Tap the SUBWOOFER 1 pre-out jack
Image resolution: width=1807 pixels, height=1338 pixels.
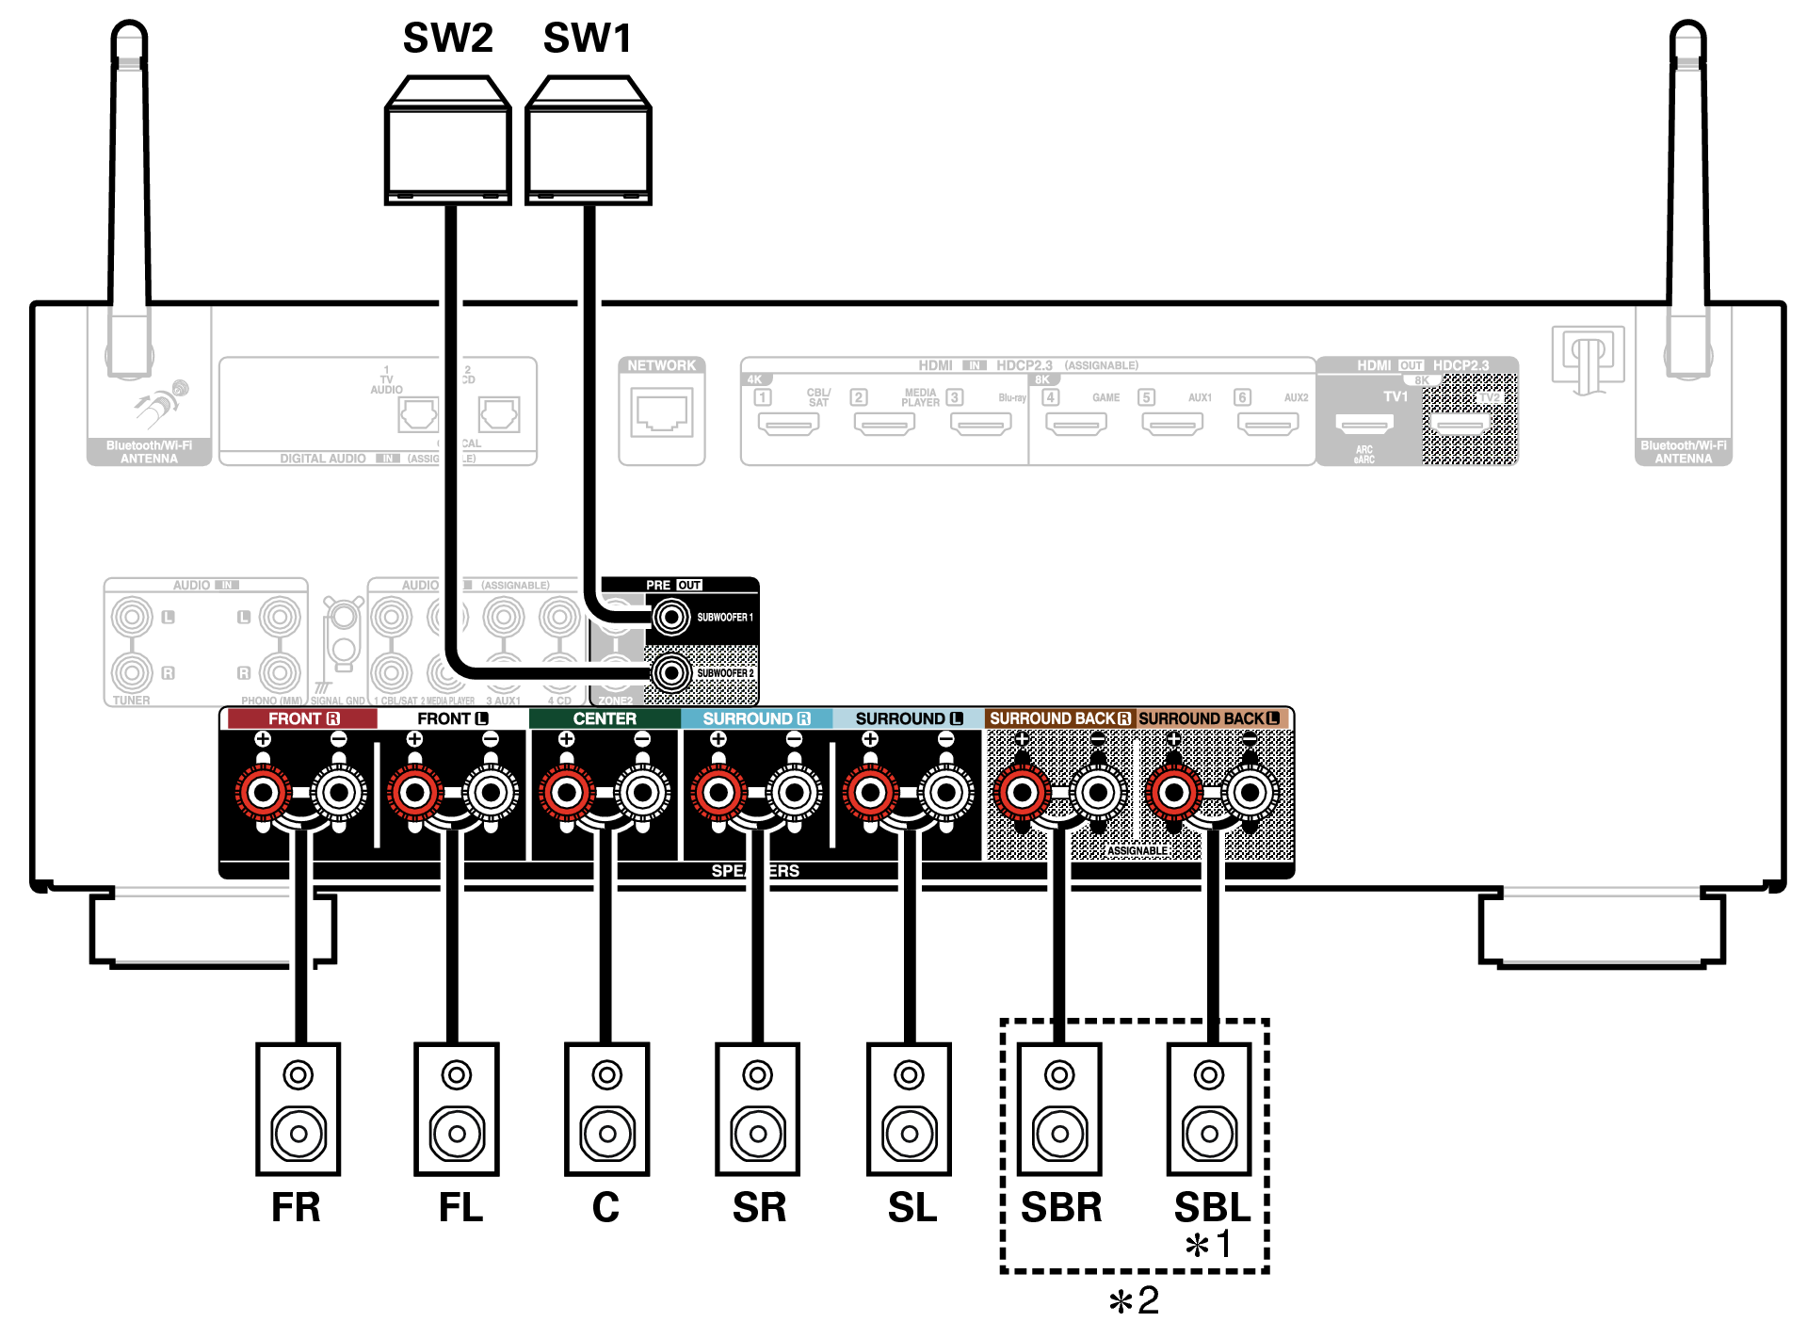point(671,618)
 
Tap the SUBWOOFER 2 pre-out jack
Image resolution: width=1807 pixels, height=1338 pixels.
point(671,672)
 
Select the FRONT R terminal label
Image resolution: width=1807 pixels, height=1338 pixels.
point(302,718)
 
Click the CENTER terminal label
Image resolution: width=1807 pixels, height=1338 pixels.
point(605,718)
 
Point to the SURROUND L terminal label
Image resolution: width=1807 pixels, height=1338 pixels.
point(908,718)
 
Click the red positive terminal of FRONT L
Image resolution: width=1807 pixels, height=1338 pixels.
point(414,793)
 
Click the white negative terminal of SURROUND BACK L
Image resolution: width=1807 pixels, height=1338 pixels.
point(1250,793)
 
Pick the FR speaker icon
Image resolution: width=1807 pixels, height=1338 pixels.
point(298,1108)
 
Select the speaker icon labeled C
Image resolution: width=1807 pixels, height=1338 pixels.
point(606,1108)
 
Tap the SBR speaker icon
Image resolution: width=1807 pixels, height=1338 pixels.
point(1059,1108)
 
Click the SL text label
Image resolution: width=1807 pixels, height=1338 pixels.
point(912,1208)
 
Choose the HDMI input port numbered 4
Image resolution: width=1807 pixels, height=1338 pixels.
point(1076,425)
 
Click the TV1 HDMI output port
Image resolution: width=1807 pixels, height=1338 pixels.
point(1363,423)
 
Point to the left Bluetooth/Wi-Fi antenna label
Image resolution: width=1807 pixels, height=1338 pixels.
point(149,452)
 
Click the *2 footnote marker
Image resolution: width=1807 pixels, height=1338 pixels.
point(1135,1301)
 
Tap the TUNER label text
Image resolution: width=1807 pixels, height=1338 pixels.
point(131,701)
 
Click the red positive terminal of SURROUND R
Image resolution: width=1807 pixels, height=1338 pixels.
point(718,793)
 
